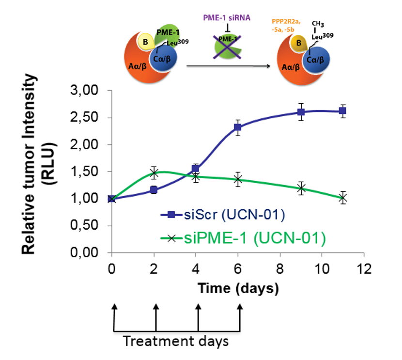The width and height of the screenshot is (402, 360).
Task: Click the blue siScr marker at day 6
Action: tap(238, 127)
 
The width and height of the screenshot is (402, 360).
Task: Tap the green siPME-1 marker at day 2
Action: tap(155, 172)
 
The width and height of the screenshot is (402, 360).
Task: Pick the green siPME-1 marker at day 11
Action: tap(343, 198)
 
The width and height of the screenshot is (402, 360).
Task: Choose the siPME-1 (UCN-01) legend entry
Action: tap(242, 238)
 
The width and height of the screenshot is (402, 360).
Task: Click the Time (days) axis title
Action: tap(238, 289)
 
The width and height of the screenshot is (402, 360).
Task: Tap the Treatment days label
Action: tap(175, 341)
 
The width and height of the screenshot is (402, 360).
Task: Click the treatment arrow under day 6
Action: tap(240, 317)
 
